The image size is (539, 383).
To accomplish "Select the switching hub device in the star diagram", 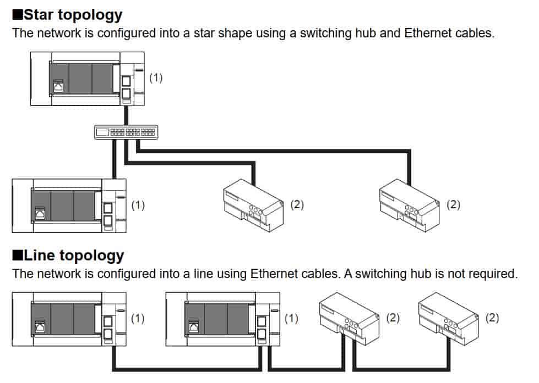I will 126,132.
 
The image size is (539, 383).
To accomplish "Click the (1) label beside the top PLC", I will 156,77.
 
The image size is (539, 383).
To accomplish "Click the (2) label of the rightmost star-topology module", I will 453,204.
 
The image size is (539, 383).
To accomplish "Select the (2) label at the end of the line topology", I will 492,318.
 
